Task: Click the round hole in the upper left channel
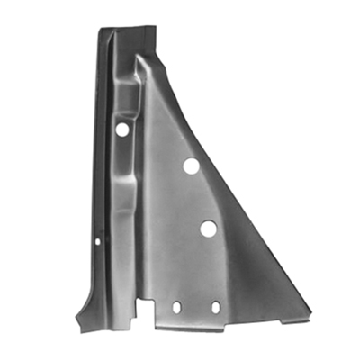coord(121,130)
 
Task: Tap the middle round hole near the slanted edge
coord(191,166)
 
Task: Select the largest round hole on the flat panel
coord(208,229)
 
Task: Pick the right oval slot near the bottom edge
coord(215,306)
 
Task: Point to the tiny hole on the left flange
coord(98,240)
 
